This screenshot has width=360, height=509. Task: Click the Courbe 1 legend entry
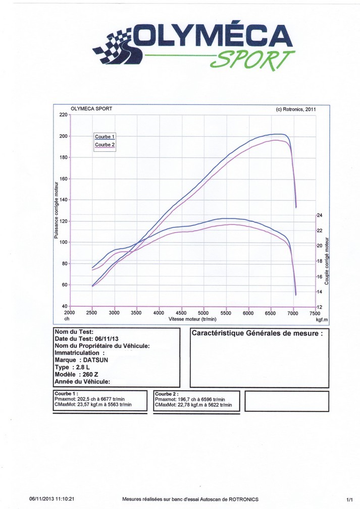[105, 137]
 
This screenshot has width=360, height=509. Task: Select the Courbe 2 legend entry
[105, 145]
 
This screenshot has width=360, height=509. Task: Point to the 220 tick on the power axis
[63, 115]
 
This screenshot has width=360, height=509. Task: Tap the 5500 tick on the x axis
[226, 313]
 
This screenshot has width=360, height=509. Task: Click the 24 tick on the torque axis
[319, 215]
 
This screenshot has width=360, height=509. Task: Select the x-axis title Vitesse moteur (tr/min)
[192, 319]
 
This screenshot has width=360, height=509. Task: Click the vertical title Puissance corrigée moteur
[56, 210]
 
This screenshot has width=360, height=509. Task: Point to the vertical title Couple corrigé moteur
[327, 260]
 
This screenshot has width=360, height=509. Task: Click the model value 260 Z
[93, 375]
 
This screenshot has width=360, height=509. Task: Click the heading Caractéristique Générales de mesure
[257, 333]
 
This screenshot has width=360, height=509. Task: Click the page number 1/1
[349, 499]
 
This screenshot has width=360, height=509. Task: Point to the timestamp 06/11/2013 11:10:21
[54, 499]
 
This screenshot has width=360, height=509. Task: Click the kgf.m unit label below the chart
[322, 319]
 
